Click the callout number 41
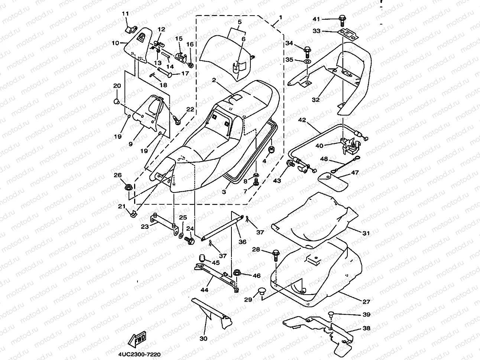[316, 19]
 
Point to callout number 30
[204, 338]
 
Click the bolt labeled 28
[276, 254]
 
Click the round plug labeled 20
[116, 101]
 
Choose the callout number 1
[281, 17]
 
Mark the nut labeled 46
[237, 274]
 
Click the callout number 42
[302, 120]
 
